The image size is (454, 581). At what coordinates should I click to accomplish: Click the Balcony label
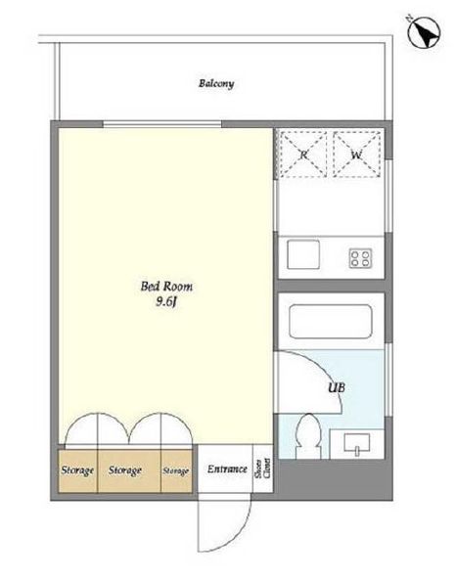point(216,83)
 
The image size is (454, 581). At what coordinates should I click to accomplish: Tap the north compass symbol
point(424,32)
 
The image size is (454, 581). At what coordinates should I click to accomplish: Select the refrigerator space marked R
point(303,155)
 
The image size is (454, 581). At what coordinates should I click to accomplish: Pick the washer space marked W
point(356,155)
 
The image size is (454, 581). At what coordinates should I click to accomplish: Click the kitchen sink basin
point(303,254)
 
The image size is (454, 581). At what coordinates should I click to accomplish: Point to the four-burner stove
point(361,258)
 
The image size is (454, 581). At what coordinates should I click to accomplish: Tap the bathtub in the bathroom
point(330,321)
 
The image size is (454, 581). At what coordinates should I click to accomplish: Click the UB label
point(337,387)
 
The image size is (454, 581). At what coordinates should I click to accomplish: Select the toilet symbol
point(307,436)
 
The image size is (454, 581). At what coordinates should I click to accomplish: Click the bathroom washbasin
point(357,443)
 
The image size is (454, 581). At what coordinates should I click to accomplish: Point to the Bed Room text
point(166,287)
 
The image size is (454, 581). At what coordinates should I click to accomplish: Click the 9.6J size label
point(165,302)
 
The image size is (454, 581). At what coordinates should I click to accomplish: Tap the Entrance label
point(227,469)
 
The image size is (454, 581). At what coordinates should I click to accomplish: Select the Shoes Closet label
point(263,469)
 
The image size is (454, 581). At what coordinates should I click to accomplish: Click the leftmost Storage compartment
point(77,470)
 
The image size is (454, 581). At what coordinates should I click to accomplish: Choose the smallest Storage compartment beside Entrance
point(176,470)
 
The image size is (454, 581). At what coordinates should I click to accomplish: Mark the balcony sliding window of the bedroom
point(162,124)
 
